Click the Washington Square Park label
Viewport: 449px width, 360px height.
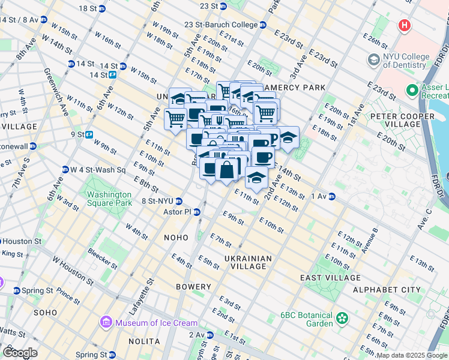coord(109,199)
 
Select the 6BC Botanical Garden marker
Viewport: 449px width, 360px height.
coord(342,317)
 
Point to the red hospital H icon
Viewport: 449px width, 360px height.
coord(405,26)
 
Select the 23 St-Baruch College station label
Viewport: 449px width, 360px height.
coord(225,25)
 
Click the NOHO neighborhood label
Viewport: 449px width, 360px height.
coord(176,238)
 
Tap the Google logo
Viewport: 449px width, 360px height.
coord(20,353)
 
